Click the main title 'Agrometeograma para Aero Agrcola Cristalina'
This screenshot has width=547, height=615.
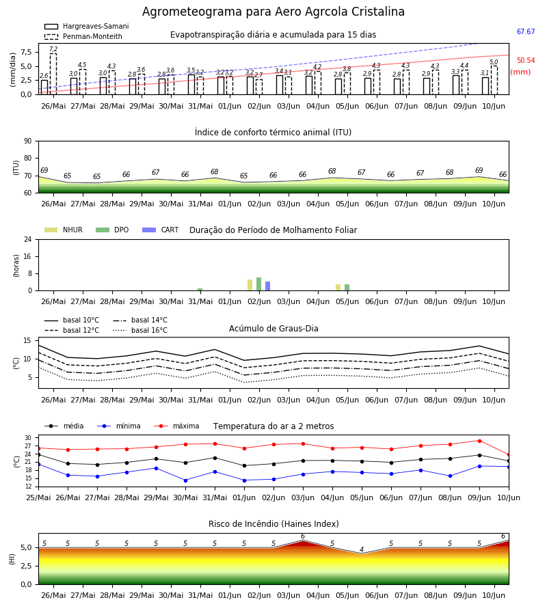tap(273, 12)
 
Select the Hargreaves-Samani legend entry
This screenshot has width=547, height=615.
tap(86, 26)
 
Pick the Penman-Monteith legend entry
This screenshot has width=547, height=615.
tap(83, 36)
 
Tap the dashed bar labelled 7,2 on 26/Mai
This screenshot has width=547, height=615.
tap(53, 74)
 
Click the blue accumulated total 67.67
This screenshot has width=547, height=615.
tap(526, 31)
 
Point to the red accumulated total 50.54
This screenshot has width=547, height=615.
tap(526, 60)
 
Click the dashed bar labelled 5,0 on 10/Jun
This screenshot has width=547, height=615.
tap(494, 80)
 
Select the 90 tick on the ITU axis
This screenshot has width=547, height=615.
tap(28, 141)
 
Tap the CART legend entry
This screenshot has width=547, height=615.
tap(160, 230)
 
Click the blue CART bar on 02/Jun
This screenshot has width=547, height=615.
tap(267, 286)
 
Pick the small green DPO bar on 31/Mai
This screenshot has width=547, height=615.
tap(200, 290)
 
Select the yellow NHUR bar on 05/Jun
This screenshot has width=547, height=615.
tap(338, 288)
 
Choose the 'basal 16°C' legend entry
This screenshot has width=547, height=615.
tap(140, 330)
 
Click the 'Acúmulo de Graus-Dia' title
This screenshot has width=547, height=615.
tap(273, 328)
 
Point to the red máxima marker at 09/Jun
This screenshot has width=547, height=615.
tap(479, 441)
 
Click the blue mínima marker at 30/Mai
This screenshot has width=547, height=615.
tap(185, 480)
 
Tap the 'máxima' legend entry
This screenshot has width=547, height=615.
tap(176, 426)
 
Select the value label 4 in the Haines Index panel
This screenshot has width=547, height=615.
tap(362, 549)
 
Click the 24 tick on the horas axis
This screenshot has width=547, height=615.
tap(28, 239)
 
